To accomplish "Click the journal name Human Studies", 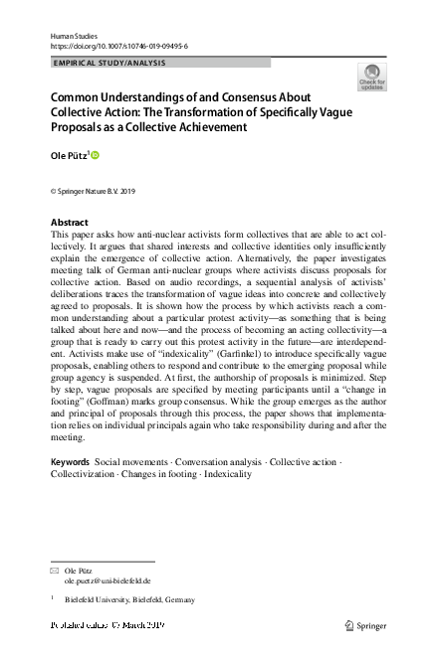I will tap(71, 35).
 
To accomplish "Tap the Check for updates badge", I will tap(374, 78).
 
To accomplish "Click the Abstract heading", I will tap(69, 222).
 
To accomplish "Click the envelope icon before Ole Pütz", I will tap(55, 571).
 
